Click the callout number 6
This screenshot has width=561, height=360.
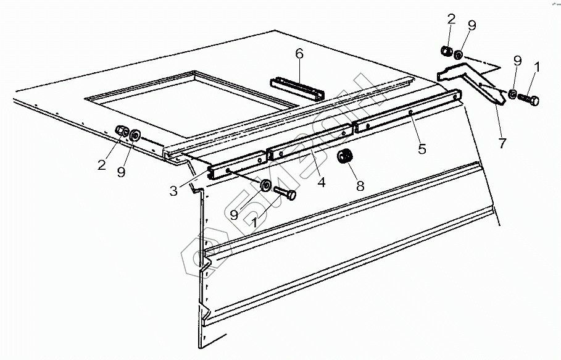(x=299, y=54)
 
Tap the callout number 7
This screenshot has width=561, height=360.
(x=502, y=143)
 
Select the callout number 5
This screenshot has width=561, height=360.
(x=422, y=149)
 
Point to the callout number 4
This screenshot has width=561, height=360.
(x=322, y=182)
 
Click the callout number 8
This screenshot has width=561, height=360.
(x=360, y=186)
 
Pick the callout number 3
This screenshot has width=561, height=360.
(x=173, y=191)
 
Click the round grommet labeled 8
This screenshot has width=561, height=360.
(x=345, y=156)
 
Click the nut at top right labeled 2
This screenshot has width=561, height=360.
(x=446, y=51)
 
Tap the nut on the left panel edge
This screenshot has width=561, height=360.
(x=122, y=132)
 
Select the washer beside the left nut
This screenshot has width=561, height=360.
(x=135, y=135)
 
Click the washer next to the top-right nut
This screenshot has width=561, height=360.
(x=459, y=55)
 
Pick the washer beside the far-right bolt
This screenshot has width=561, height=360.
(x=513, y=94)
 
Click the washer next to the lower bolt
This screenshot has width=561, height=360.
(x=265, y=185)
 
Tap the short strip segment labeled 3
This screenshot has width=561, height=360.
(x=237, y=165)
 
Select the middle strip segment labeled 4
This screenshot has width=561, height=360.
(x=310, y=141)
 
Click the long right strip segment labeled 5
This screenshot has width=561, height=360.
(x=407, y=111)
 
